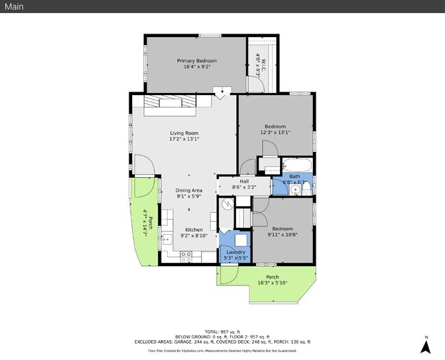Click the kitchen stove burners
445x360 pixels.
[x=186, y=255]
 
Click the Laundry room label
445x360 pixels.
[x=236, y=252]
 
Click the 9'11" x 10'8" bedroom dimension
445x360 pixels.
[x=282, y=235]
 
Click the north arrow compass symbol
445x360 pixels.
[x=425, y=345]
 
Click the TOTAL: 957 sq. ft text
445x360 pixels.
[x=222, y=331]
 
